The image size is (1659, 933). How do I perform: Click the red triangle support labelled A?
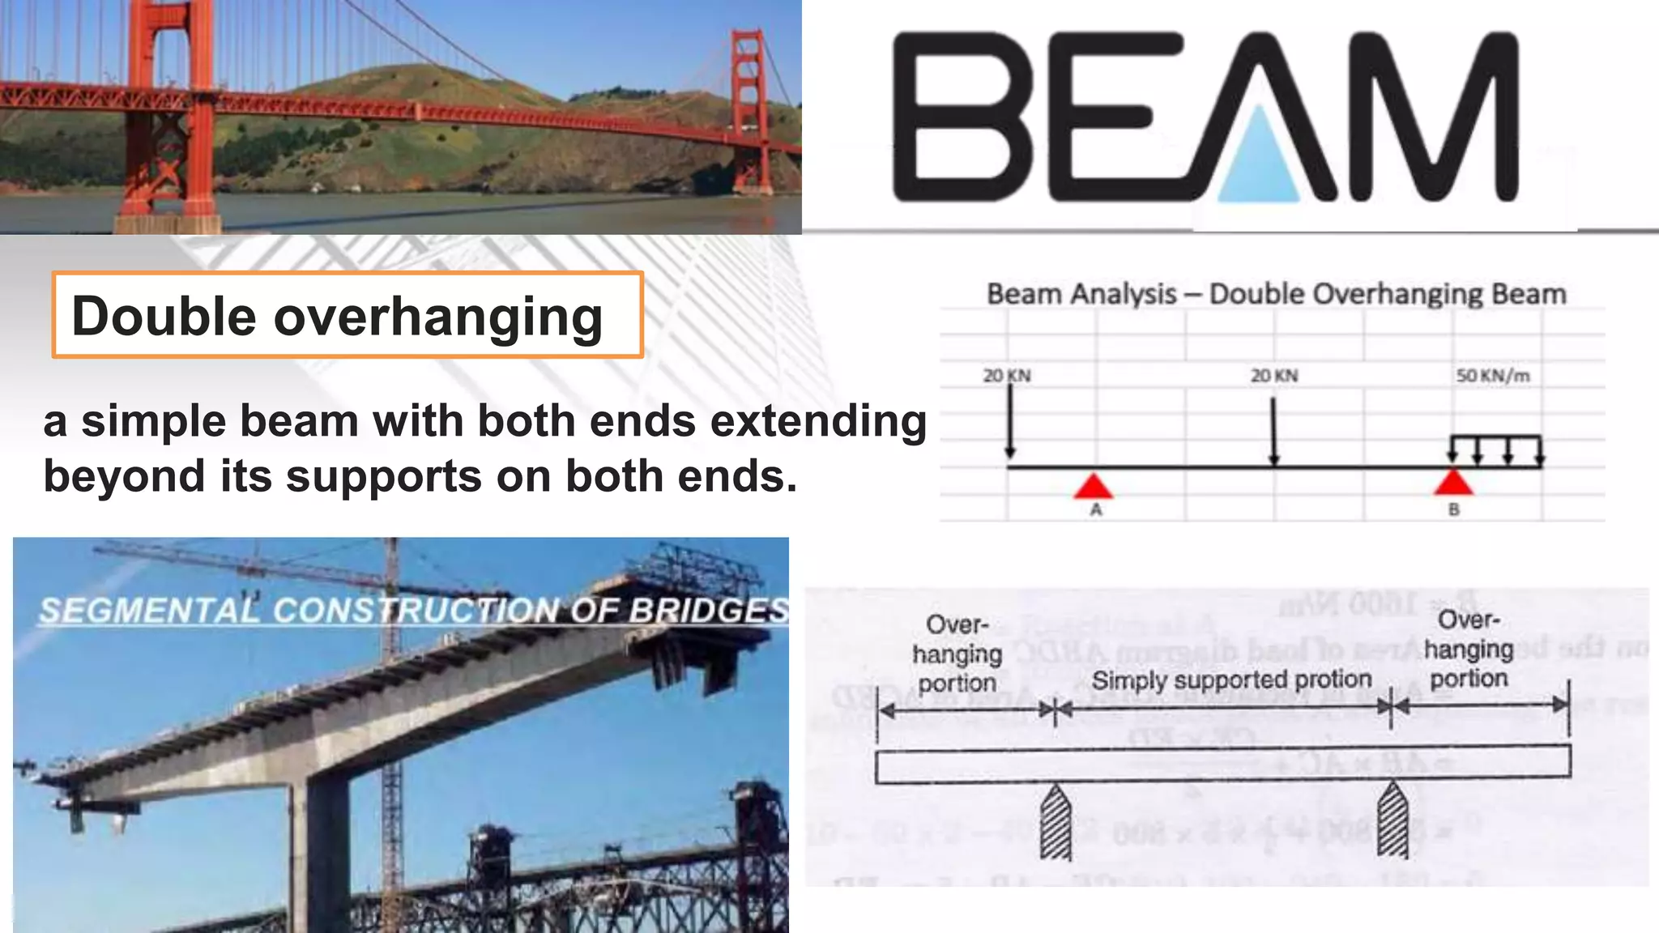click(1094, 486)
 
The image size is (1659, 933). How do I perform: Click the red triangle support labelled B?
click(1453, 483)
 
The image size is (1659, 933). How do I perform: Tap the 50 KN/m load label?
click(1492, 376)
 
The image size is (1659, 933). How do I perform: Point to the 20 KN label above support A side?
click(1006, 376)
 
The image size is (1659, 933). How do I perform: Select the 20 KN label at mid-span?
click(1273, 376)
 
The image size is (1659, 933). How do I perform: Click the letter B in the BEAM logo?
click(962, 117)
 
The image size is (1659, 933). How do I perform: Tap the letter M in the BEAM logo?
click(1434, 117)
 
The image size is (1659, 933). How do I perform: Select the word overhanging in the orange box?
click(438, 317)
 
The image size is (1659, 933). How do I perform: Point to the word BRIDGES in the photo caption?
click(709, 610)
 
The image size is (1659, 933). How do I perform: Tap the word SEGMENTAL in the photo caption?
click(150, 610)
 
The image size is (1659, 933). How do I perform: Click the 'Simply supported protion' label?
click(1231, 680)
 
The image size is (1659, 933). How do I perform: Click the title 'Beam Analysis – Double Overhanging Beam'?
click(1276, 294)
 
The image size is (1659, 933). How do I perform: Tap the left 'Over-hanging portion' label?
click(957, 654)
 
